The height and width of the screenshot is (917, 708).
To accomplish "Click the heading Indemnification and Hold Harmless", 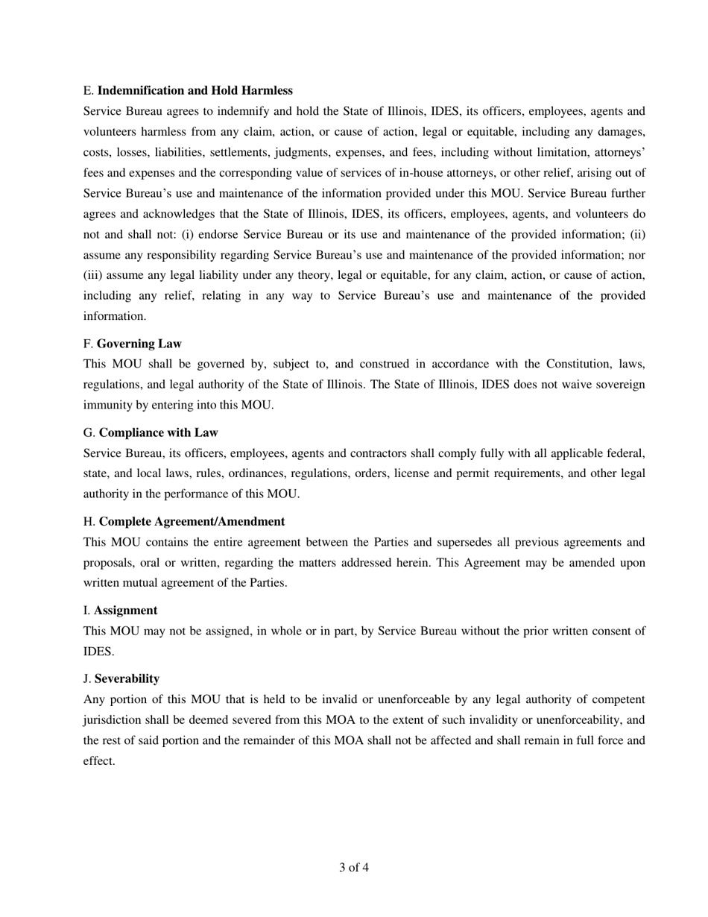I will tap(195, 90).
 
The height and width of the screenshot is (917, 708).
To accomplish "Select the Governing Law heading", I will tap(139, 344).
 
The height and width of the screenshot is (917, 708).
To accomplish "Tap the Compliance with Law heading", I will tap(158, 432).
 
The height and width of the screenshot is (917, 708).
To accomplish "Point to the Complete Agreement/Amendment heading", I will tap(192, 521).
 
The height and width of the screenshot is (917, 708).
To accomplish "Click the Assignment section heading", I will tap(125, 610).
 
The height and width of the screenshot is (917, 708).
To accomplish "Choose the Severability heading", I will tap(127, 678).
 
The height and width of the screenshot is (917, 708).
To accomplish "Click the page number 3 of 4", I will tap(354, 867).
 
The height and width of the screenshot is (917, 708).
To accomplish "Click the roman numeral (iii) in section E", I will tap(95, 275).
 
